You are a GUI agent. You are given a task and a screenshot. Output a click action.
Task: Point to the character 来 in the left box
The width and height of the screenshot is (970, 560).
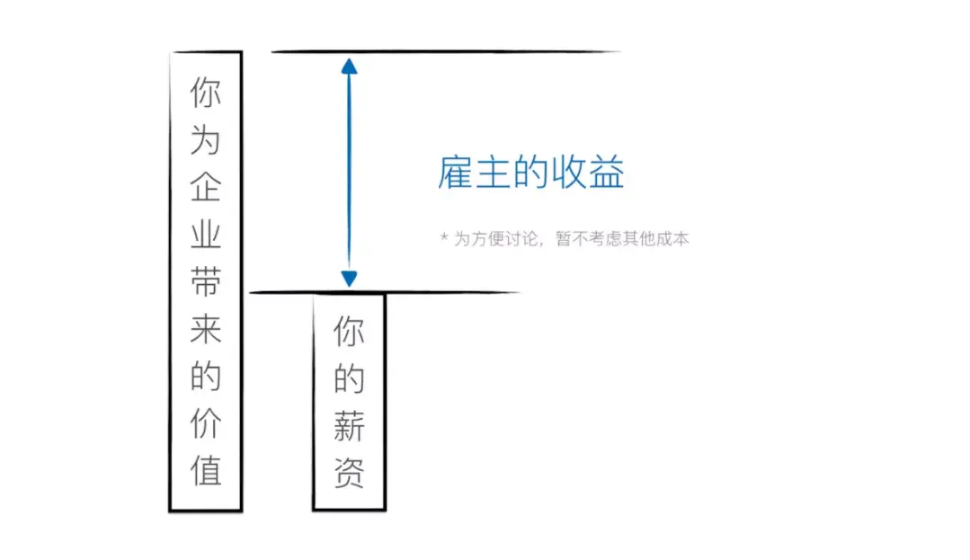[206, 330]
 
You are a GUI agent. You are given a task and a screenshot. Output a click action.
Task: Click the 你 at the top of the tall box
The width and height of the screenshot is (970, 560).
[206, 93]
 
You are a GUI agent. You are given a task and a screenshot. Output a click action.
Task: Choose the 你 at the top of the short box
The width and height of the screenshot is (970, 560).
[349, 333]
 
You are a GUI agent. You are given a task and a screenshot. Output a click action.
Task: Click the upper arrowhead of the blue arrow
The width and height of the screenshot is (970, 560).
[350, 65]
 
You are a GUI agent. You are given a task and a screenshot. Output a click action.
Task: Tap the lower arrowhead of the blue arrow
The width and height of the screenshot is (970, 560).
[349, 279]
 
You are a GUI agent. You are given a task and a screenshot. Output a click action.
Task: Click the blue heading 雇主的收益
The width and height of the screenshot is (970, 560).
[531, 173]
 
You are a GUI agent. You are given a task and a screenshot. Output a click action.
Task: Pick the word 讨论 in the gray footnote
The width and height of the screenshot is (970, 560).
[527, 239]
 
